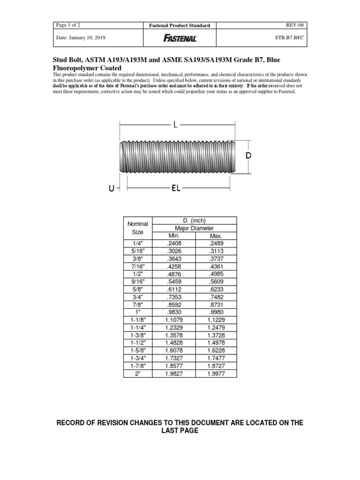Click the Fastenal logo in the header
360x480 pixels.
[x=180, y=38]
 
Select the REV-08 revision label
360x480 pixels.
[x=295, y=25]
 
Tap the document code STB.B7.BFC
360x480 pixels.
[x=289, y=38]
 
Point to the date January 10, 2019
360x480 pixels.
[x=80, y=38]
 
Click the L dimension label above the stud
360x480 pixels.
[x=175, y=125]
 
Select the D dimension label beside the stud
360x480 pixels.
[x=249, y=156]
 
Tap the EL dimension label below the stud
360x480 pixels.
[x=176, y=188]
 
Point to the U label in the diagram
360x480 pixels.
[x=111, y=188]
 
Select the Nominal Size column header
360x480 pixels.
[x=138, y=228]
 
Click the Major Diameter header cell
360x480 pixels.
[x=194, y=228]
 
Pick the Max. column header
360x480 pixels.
[x=216, y=236]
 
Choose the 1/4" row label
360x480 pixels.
[x=138, y=243]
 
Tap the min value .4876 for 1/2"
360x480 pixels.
[x=173, y=273]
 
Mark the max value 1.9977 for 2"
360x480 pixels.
[x=216, y=374]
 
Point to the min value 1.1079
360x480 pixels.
[x=173, y=320]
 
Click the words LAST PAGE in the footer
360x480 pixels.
[x=180, y=431]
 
